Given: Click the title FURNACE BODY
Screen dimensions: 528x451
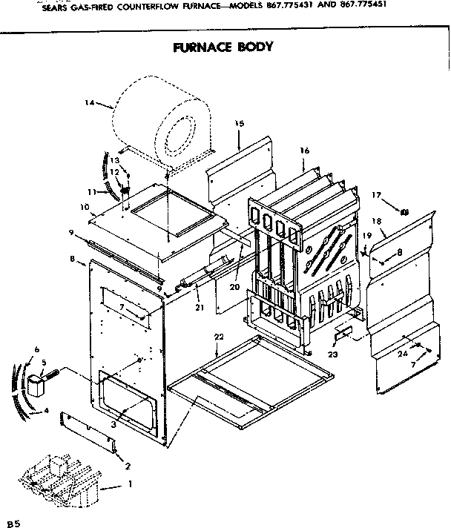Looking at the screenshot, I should (223, 47).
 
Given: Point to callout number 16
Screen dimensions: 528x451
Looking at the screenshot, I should (304, 151).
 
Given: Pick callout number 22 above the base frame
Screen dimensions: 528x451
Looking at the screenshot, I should (218, 337).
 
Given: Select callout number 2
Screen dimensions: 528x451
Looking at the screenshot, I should (128, 466).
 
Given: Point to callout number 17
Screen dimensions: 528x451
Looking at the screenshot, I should (377, 195).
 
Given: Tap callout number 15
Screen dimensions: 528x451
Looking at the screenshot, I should (239, 123).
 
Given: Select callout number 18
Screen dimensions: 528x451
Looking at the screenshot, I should (376, 221).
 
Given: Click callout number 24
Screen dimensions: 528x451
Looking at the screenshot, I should (403, 354).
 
